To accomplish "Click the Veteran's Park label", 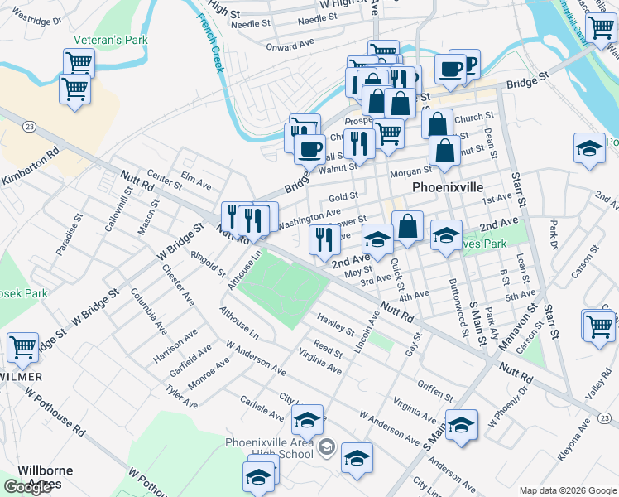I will pyautogui.click(x=110, y=39).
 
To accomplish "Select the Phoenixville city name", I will pyautogui.click(x=447, y=187).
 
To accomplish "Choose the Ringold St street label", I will pyautogui.click(x=206, y=266).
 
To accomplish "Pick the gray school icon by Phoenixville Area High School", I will pyautogui.click(x=327, y=448).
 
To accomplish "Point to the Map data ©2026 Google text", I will pyautogui.click(x=567, y=490).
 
